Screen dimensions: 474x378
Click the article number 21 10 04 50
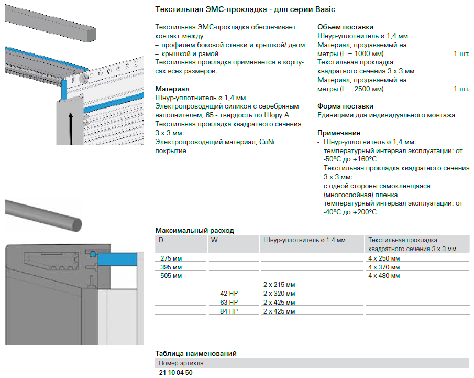coord(175,373)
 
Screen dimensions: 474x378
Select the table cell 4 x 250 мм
coord(384,258)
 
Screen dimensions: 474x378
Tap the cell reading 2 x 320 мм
coord(279,294)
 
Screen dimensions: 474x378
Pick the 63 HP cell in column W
coord(229,303)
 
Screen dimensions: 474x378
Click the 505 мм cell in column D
coord(171,276)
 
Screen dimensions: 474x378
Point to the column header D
coord(161,240)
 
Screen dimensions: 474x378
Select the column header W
coord(214,240)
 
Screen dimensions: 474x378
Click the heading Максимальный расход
coord(195,231)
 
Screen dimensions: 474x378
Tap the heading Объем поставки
coord(346,27)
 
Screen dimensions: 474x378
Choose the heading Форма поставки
coord(346,106)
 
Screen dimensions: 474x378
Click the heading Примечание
coord(339,133)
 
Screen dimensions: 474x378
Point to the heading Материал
coord(172,89)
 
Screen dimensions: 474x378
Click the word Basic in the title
coord(325,9)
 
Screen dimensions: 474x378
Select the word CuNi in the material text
coord(267,142)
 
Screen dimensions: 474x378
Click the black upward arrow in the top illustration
coord(71,128)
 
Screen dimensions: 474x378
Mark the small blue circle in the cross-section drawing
coord(93,254)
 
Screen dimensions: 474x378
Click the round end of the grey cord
coord(75,224)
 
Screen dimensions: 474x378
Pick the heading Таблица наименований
coord(196,353)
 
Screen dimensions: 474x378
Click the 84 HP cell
coord(229,311)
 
